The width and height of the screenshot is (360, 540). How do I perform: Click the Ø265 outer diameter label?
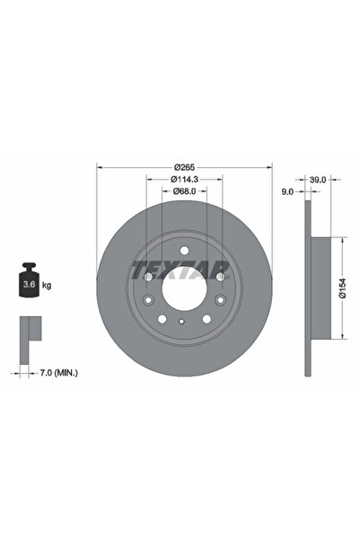tap(184, 167)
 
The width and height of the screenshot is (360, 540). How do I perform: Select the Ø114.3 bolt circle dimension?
tap(184, 179)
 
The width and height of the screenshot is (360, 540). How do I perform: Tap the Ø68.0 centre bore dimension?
tap(184, 190)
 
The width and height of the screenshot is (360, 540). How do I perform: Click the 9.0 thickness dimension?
tap(286, 190)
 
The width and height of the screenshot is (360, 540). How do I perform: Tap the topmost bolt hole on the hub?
tap(183, 252)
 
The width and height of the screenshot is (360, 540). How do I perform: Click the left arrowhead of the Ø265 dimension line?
tap(100, 167)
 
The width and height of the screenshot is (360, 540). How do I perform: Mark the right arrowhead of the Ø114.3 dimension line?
tap(220, 179)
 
